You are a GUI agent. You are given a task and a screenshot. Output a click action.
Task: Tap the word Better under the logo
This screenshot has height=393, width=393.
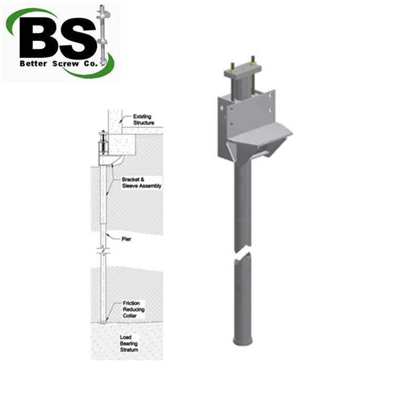[x=34, y=64]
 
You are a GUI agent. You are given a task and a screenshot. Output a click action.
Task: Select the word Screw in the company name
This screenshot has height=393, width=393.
[x=63, y=64]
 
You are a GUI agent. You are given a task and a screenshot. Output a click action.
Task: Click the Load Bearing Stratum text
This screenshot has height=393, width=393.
[x=129, y=344]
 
